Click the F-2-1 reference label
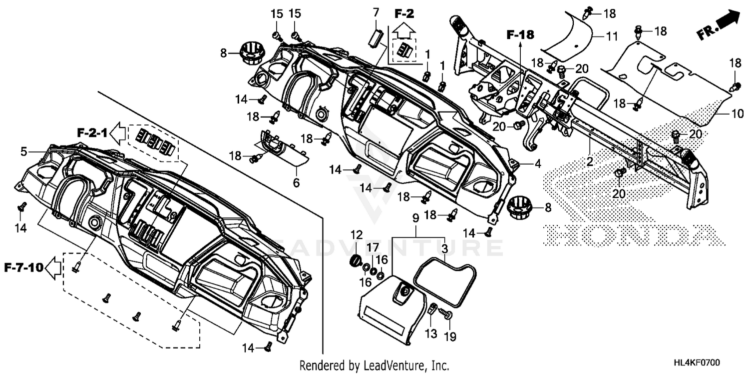click(92, 133)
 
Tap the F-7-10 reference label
click(23, 268)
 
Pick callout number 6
click(296, 183)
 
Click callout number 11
click(612, 36)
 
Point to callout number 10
click(738, 113)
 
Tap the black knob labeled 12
click(356, 261)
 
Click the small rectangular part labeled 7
click(376, 36)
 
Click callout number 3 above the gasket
click(444, 248)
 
